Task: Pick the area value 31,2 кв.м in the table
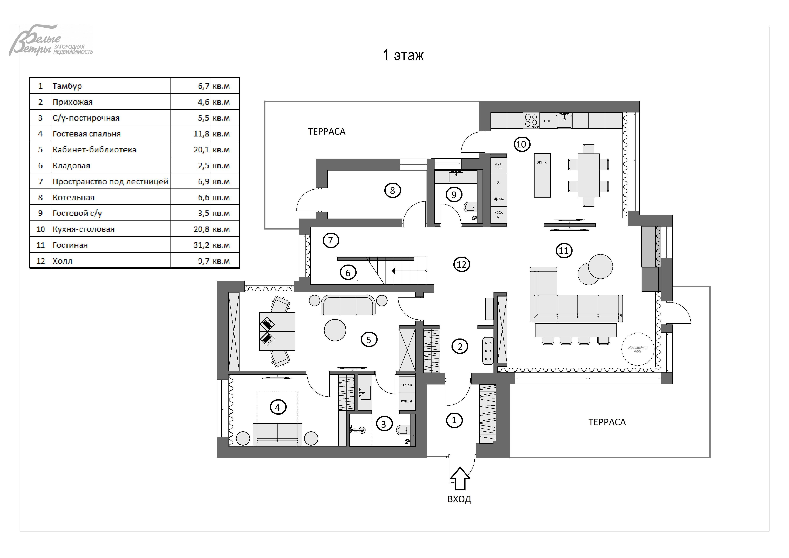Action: (x=211, y=245)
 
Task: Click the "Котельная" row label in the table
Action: (x=73, y=197)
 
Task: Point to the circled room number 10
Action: (x=522, y=144)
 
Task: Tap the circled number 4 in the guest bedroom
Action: (x=278, y=408)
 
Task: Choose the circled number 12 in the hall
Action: (x=462, y=265)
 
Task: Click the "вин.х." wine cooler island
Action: (x=542, y=175)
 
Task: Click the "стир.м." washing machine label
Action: (x=407, y=385)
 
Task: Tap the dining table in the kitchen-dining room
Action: (x=589, y=175)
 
